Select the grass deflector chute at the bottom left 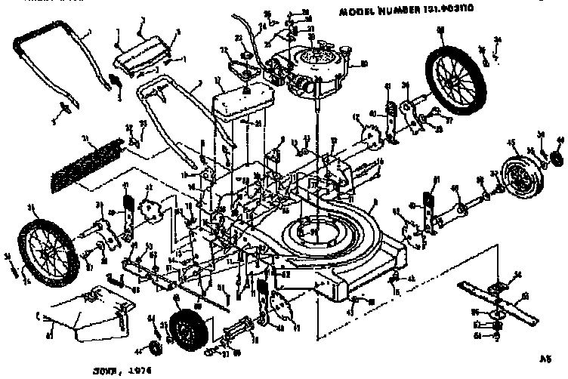pos(77,318)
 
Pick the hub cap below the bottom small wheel pos(155,348)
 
